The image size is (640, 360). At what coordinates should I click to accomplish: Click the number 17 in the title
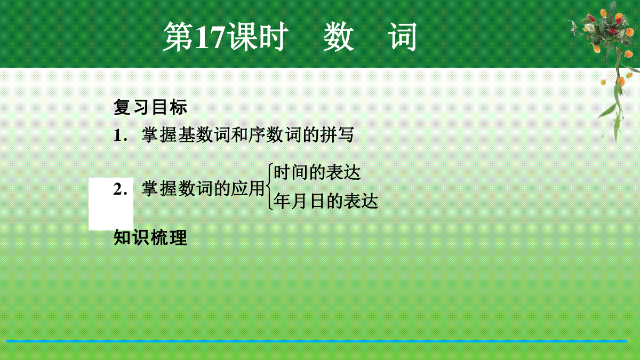(210, 37)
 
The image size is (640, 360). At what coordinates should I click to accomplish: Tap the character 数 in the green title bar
(338, 37)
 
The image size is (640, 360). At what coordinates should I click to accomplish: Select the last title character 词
(402, 37)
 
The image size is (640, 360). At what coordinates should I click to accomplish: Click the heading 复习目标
(150, 107)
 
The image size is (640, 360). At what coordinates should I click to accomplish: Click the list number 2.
(121, 189)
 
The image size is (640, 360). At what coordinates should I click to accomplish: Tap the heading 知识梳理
(150, 237)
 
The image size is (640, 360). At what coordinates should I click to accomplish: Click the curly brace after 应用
(269, 187)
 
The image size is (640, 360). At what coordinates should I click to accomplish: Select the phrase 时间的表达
(317, 172)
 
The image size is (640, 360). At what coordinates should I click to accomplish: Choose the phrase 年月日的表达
(326, 201)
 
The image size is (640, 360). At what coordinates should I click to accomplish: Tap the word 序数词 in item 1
(275, 134)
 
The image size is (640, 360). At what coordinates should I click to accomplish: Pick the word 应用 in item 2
(247, 189)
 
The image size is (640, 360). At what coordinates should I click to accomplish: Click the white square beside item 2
(111, 204)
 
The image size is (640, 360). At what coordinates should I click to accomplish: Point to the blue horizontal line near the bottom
(317, 341)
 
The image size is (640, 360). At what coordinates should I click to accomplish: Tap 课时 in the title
(257, 37)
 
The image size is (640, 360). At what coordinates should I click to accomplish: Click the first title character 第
(178, 37)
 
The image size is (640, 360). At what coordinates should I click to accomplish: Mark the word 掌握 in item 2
(159, 189)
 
